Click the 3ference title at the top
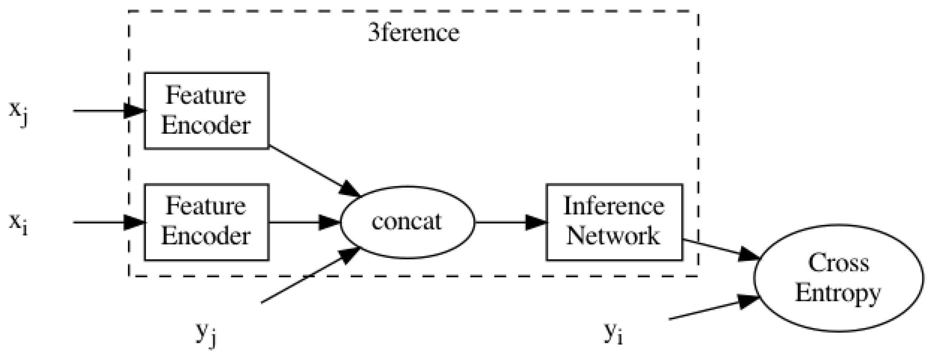(x=413, y=33)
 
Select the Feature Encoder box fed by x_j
(x=206, y=111)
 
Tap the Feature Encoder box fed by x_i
(x=206, y=222)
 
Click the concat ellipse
(x=407, y=222)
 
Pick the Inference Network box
(x=614, y=222)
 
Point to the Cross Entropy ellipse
(x=838, y=278)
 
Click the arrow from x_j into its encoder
(x=108, y=111)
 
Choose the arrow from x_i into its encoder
(x=108, y=222)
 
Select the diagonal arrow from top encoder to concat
(x=314, y=171)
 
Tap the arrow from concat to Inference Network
(x=509, y=222)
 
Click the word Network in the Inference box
(x=614, y=236)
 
